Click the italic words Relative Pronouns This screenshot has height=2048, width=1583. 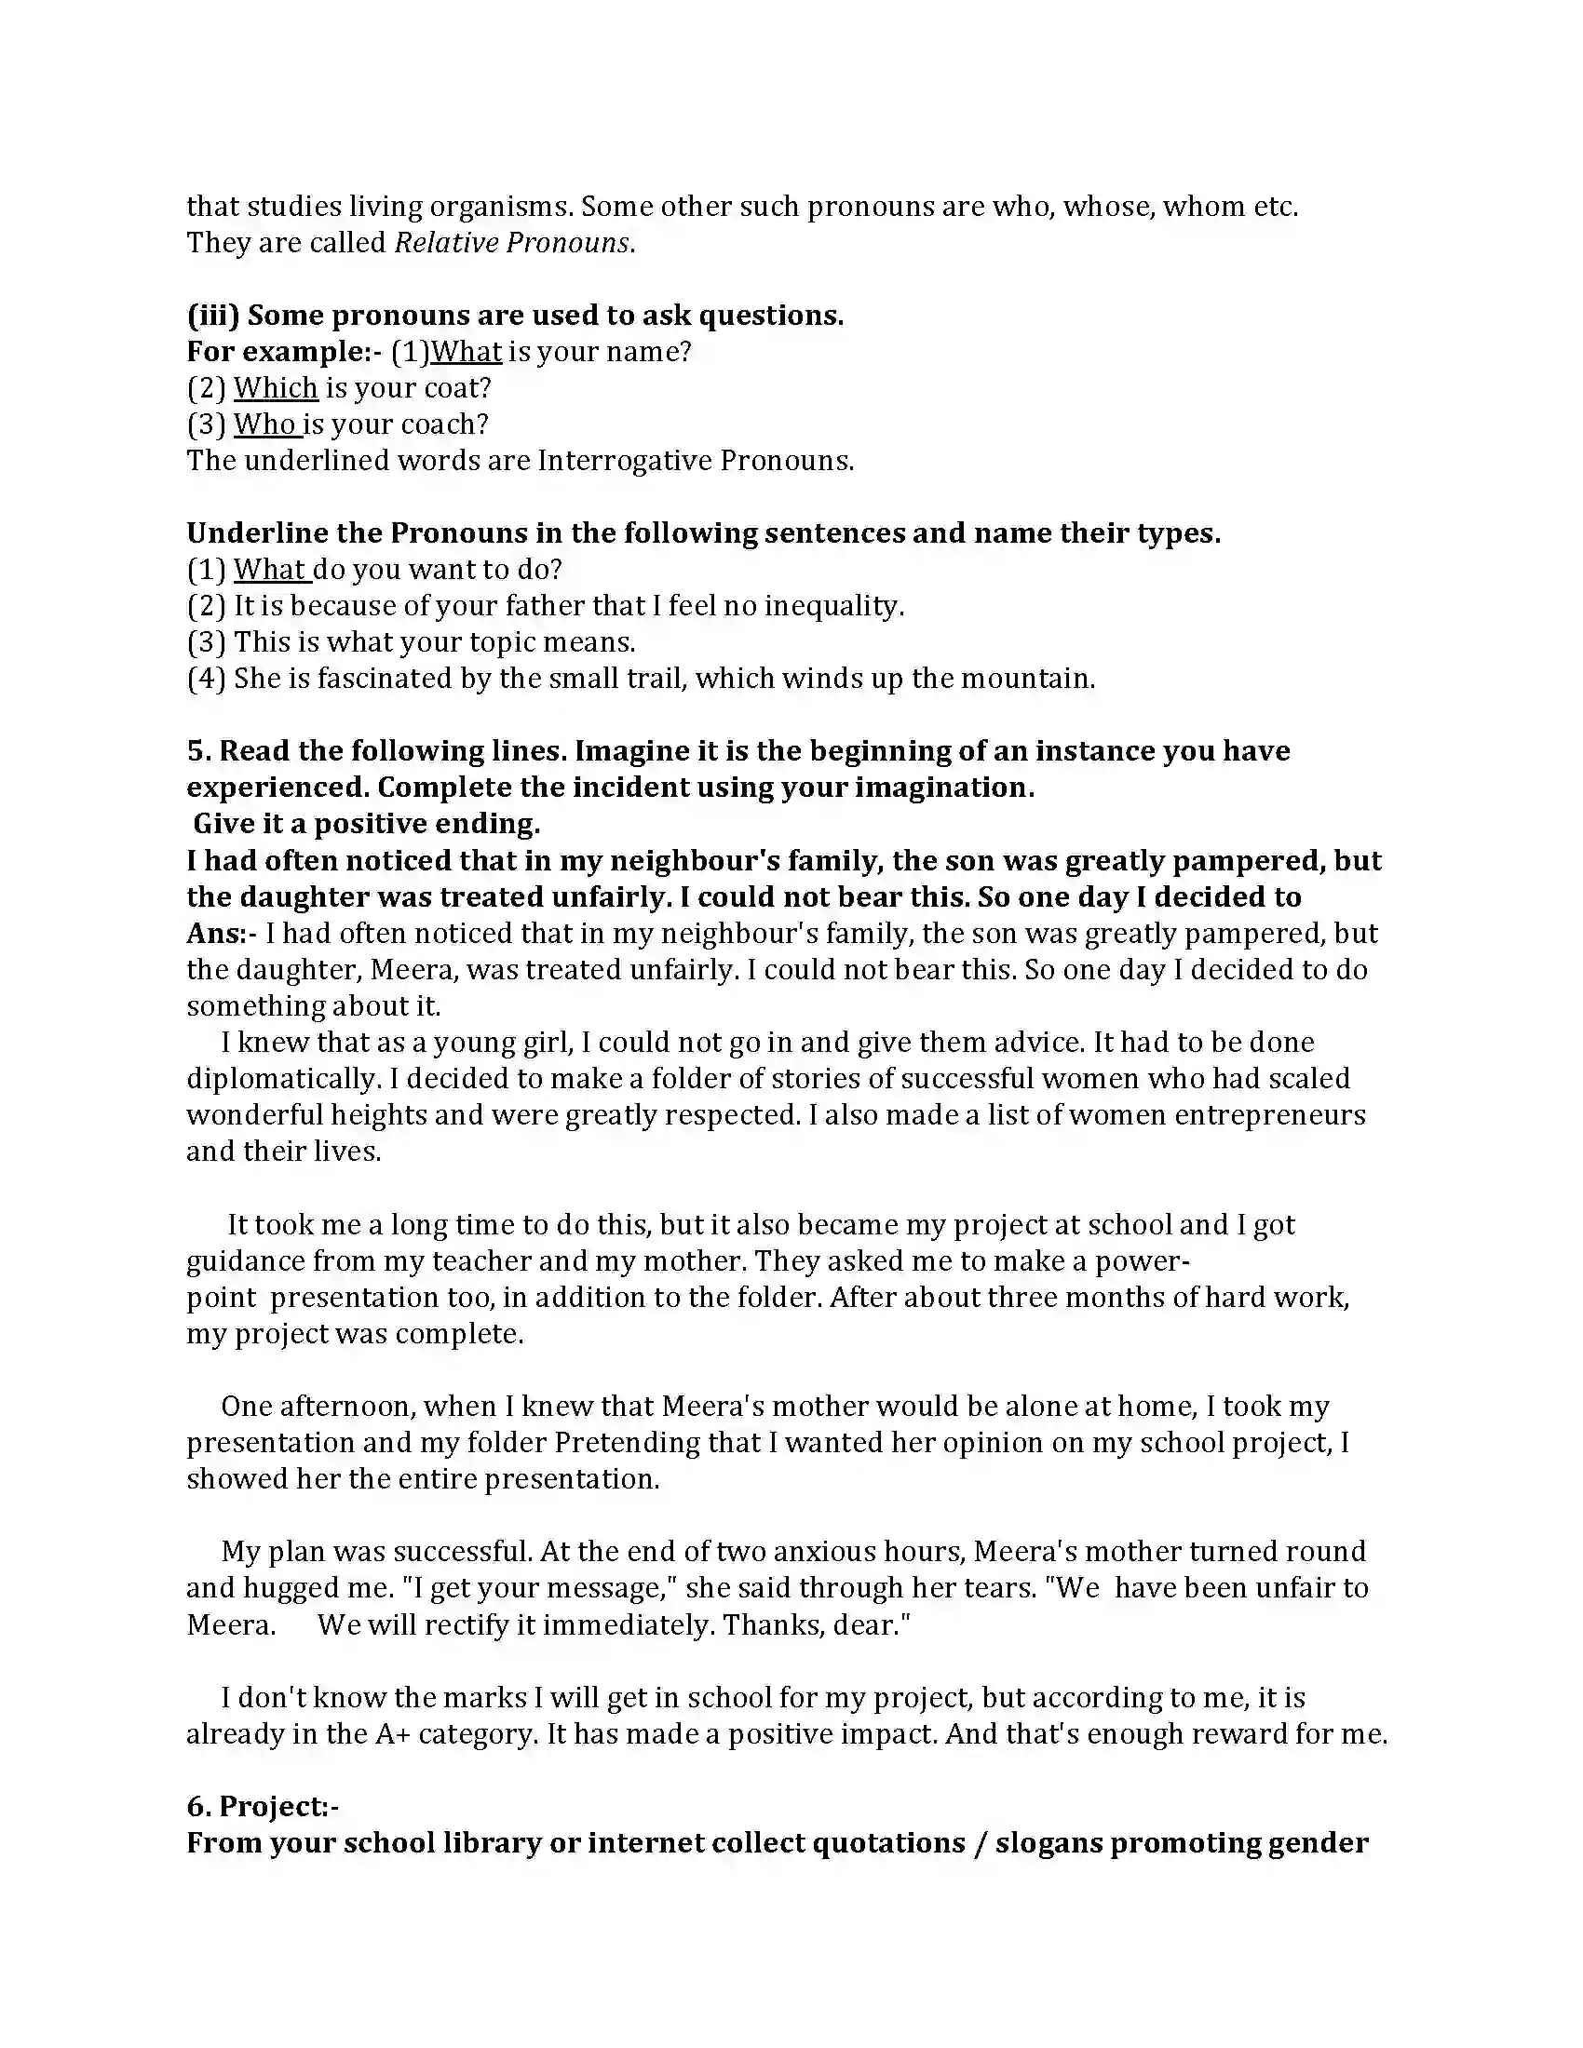pos(512,243)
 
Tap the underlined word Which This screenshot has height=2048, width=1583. pos(276,388)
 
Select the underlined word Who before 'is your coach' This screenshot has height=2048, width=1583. pos(265,424)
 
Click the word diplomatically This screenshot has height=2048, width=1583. pos(281,1079)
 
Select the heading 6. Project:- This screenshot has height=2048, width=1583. pos(263,1807)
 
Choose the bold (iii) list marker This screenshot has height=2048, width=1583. pos(213,316)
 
